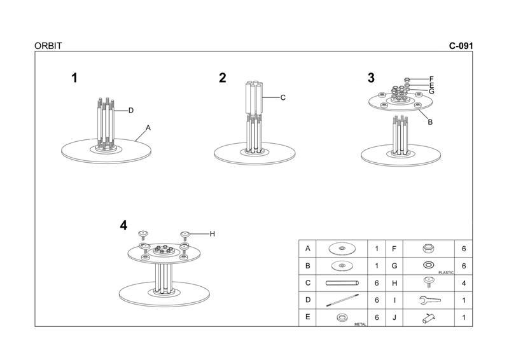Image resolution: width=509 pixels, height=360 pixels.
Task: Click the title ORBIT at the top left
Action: (48, 46)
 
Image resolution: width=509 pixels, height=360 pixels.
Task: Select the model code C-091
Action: (461, 46)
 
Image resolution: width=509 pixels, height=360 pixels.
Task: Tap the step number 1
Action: (74, 78)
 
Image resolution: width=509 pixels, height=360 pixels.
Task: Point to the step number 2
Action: (222, 78)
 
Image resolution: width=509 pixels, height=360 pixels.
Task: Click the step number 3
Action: (371, 78)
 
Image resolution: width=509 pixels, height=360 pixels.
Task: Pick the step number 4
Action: (123, 225)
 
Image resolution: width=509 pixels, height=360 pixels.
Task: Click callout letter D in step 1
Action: (130, 110)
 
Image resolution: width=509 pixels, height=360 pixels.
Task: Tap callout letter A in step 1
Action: (148, 128)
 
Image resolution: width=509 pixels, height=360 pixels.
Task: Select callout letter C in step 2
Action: (282, 97)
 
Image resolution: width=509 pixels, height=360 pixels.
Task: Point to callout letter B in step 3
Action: (430, 121)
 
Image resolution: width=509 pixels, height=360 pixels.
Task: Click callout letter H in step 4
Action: (212, 233)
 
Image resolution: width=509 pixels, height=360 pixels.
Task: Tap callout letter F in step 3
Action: (431, 79)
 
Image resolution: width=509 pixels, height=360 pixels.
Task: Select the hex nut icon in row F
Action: (428, 248)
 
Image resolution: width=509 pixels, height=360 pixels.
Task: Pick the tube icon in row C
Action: (342, 283)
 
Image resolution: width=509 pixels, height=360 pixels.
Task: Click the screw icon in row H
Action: (429, 282)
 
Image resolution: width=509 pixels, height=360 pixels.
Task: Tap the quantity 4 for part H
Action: (463, 283)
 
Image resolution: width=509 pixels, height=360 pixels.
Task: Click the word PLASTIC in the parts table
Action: (446, 272)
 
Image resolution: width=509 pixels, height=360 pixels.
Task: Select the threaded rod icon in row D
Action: (342, 300)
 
